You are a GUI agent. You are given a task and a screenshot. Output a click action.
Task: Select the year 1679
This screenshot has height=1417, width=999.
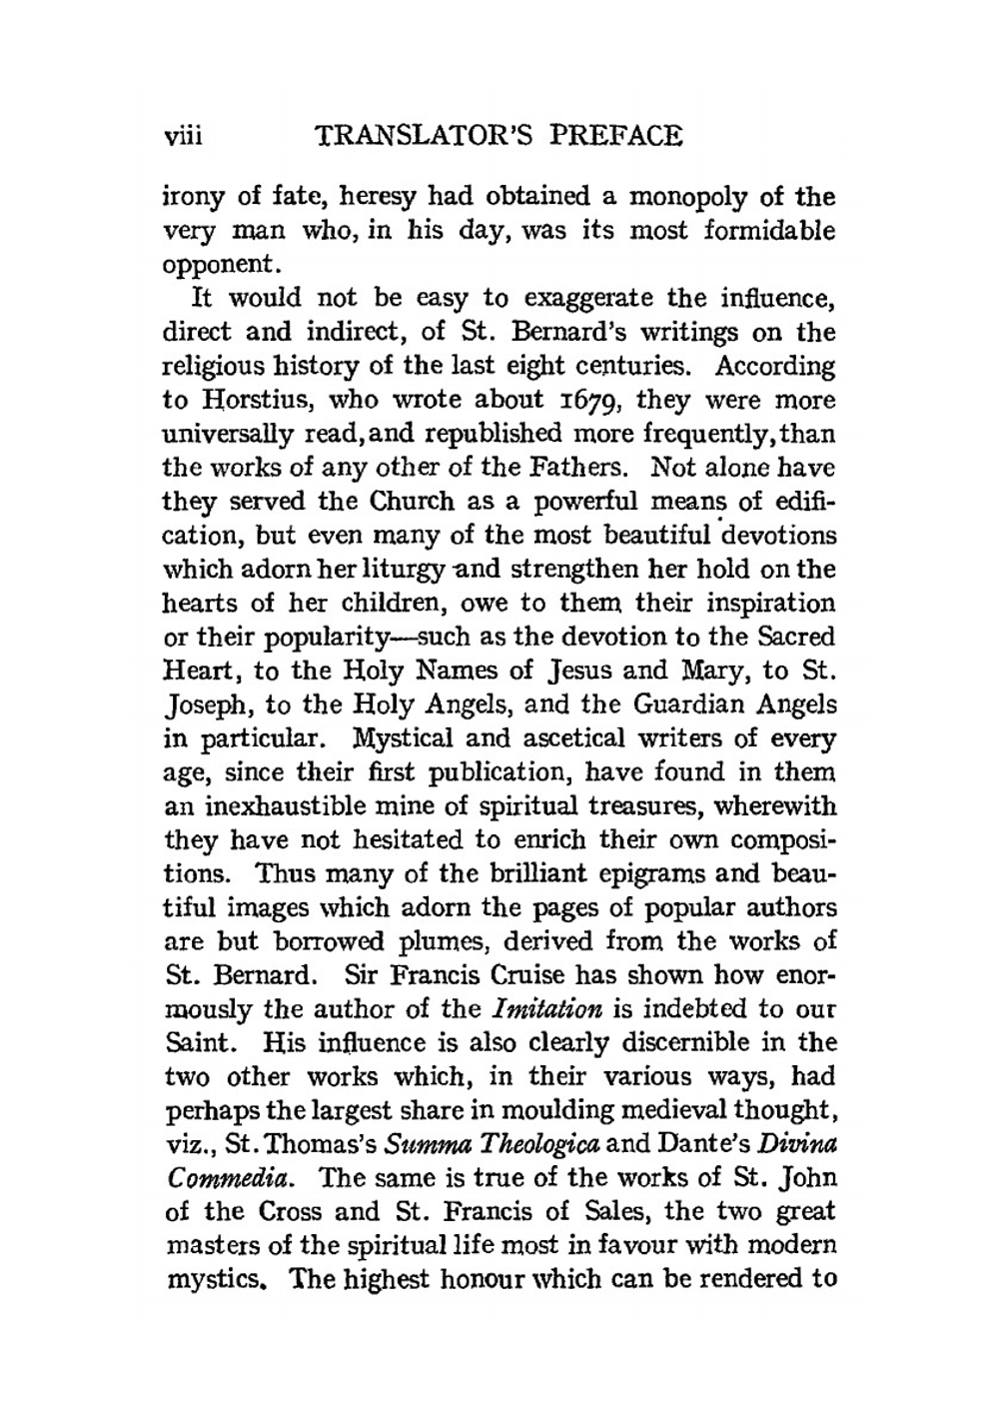(x=587, y=401)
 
